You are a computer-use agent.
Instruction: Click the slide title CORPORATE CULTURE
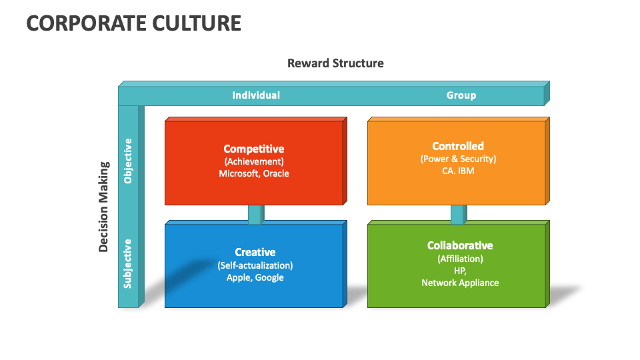[134, 23]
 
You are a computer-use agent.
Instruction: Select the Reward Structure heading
[335, 63]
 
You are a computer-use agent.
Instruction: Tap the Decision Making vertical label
[104, 207]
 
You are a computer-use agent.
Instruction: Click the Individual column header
[256, 95]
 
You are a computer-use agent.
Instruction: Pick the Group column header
[461, 95]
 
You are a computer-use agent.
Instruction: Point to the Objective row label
[128, 161]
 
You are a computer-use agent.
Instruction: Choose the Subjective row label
[128, 264]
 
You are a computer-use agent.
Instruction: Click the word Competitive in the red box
[254, 149]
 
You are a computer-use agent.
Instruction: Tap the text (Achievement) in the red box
[254, 161]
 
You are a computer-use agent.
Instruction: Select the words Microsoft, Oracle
[254, 173]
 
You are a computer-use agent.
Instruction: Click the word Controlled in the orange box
[458, 146]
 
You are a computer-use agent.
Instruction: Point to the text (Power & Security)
[459, 159]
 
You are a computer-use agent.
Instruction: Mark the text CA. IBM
[458, 171]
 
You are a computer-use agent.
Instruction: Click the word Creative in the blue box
[255, 252]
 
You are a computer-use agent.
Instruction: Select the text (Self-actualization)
[255, 265]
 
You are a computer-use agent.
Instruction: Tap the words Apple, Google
[255, 277]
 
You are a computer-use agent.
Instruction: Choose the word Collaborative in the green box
[460, 245]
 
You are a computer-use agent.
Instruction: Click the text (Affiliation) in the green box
[460, 259]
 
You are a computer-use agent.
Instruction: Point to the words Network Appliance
[460, 283]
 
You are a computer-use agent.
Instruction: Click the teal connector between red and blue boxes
[256, 214]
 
